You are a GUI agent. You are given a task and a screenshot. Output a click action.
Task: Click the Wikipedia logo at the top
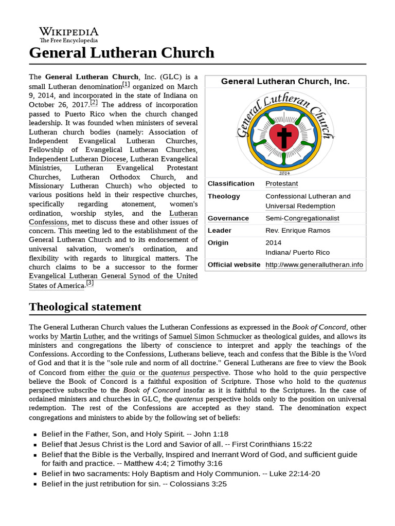tap(69, 34)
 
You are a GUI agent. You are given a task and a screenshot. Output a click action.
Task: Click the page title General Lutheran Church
tap(121, 52)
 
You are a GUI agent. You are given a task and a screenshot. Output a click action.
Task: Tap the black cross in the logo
tap(284, 137)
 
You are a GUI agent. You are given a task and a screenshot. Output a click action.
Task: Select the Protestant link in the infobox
tap(281, 183)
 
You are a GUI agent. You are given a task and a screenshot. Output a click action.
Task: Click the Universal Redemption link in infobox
tap(300, 206)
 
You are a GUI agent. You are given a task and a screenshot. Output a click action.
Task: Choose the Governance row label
tap(228, 218)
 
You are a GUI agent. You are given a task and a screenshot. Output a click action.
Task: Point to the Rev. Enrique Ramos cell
tap(298, 231)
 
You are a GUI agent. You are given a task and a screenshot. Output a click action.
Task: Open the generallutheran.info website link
tap(314, 265)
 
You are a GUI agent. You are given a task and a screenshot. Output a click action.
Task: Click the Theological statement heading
tap(85, 307)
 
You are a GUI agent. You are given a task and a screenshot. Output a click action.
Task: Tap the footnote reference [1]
tap(126, 84)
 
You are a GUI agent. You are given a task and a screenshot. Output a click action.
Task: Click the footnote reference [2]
tap(94, 102)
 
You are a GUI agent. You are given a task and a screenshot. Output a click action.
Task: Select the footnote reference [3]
tap(90, 283)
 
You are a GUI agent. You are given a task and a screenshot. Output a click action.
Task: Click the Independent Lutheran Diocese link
tap(77, 159)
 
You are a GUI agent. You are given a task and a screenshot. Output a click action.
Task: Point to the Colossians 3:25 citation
tap(198, 484)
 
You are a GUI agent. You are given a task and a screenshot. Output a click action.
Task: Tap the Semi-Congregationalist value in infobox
tap(302, 218)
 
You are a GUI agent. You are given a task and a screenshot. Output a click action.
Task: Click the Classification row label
tap(231, 183)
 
